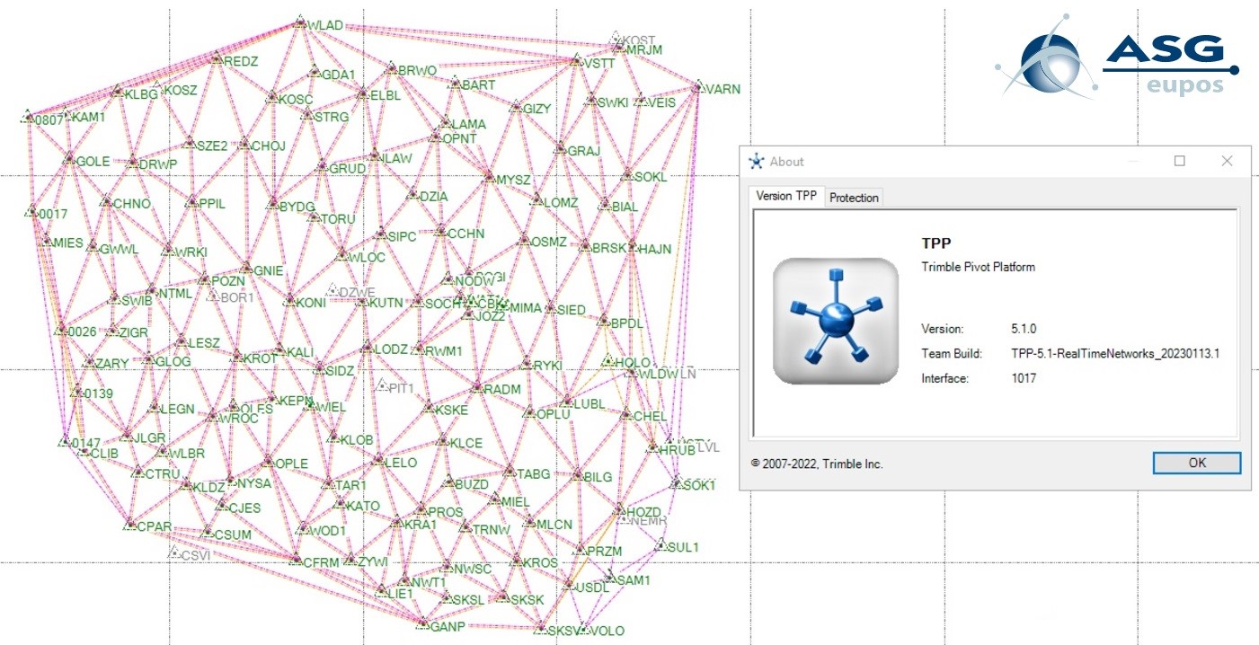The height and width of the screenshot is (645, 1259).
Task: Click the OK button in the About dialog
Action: (x=1196, y=463)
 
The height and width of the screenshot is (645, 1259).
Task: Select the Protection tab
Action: (x=854, y=198)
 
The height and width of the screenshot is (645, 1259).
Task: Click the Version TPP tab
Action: (x=786, y=196)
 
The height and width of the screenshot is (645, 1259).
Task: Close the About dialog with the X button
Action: (x=1227, y=161)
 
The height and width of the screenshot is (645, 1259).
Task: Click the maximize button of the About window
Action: (x=1180, y=161)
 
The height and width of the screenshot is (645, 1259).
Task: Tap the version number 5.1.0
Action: (x=1028, y=329)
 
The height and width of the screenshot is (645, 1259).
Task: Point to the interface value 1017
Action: (x=1024, y=378)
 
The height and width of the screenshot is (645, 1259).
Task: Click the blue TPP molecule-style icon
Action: (x=836, y=321)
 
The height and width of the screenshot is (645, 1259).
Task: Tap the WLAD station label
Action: (x=324, y=25)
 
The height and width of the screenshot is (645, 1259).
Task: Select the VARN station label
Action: (x=723, y=90)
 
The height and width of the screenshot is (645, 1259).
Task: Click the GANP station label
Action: (x=448, y=626)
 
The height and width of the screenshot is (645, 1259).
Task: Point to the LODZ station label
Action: (x=392, y=349)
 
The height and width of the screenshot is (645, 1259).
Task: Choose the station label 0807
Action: (x=50, y=119)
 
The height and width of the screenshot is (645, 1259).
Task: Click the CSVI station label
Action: (x=195, y=555)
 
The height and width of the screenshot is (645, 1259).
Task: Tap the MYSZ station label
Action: (x=513, y=180)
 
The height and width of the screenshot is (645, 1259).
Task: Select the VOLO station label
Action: (x=607, y=631)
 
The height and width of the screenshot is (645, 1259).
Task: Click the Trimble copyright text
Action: (x=817, y=464)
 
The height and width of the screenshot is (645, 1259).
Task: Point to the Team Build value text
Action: (x=1115, y=354)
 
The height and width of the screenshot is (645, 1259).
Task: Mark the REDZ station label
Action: (x=240, y=61)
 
